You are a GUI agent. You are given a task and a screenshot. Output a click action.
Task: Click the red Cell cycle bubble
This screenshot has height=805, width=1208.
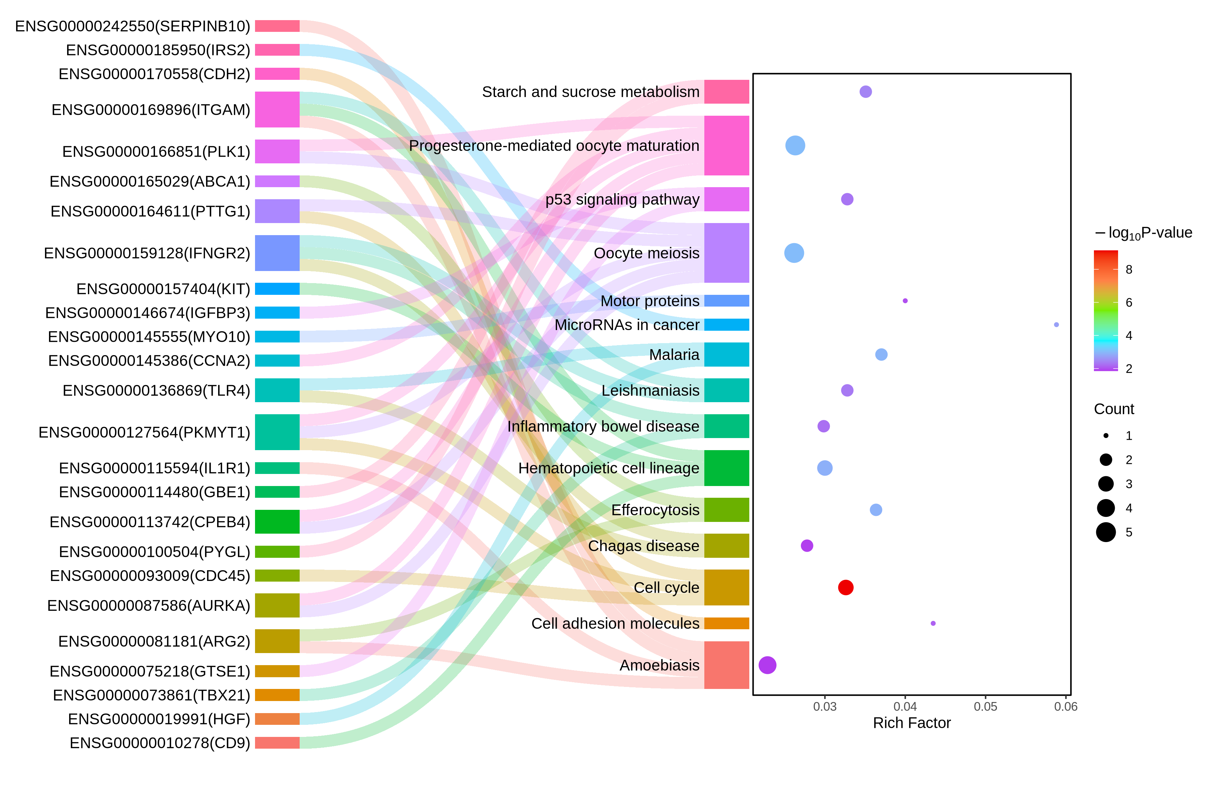point(845,587)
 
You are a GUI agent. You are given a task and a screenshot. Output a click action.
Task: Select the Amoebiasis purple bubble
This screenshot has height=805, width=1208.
point(767,665)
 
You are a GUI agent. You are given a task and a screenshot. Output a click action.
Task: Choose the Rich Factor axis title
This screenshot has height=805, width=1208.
point(912,723)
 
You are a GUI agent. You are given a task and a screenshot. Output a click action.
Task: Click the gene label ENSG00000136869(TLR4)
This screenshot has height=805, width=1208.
point(156,391)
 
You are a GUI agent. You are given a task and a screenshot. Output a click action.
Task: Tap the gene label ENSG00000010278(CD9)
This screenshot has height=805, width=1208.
point(160,743)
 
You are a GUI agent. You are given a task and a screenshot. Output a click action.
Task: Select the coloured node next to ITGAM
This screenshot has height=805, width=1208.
point(278,109)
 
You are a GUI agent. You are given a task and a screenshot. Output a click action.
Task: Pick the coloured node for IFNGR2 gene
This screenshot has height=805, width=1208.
point(278,253)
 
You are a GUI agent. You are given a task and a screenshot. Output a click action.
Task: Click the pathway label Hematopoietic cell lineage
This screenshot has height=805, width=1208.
point(609,468)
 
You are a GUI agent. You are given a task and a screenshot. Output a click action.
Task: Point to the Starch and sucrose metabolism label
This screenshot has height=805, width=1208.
point(591,92)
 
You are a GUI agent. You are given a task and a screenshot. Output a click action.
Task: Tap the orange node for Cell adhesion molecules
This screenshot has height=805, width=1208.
point(727,623)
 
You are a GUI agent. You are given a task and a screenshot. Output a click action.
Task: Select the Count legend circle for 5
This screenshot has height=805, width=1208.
point(1106,532)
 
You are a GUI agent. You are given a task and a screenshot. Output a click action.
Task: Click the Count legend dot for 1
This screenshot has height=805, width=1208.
point(1106,435)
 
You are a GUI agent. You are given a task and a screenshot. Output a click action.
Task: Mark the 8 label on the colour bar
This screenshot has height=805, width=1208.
point(1129,270)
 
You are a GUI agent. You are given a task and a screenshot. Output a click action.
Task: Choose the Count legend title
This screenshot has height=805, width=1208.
point(1114,409)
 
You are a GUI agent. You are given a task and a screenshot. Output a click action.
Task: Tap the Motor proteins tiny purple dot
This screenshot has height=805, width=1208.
point(905,301)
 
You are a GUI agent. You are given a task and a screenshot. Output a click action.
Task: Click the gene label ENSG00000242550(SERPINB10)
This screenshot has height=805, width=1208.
point(133,26)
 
